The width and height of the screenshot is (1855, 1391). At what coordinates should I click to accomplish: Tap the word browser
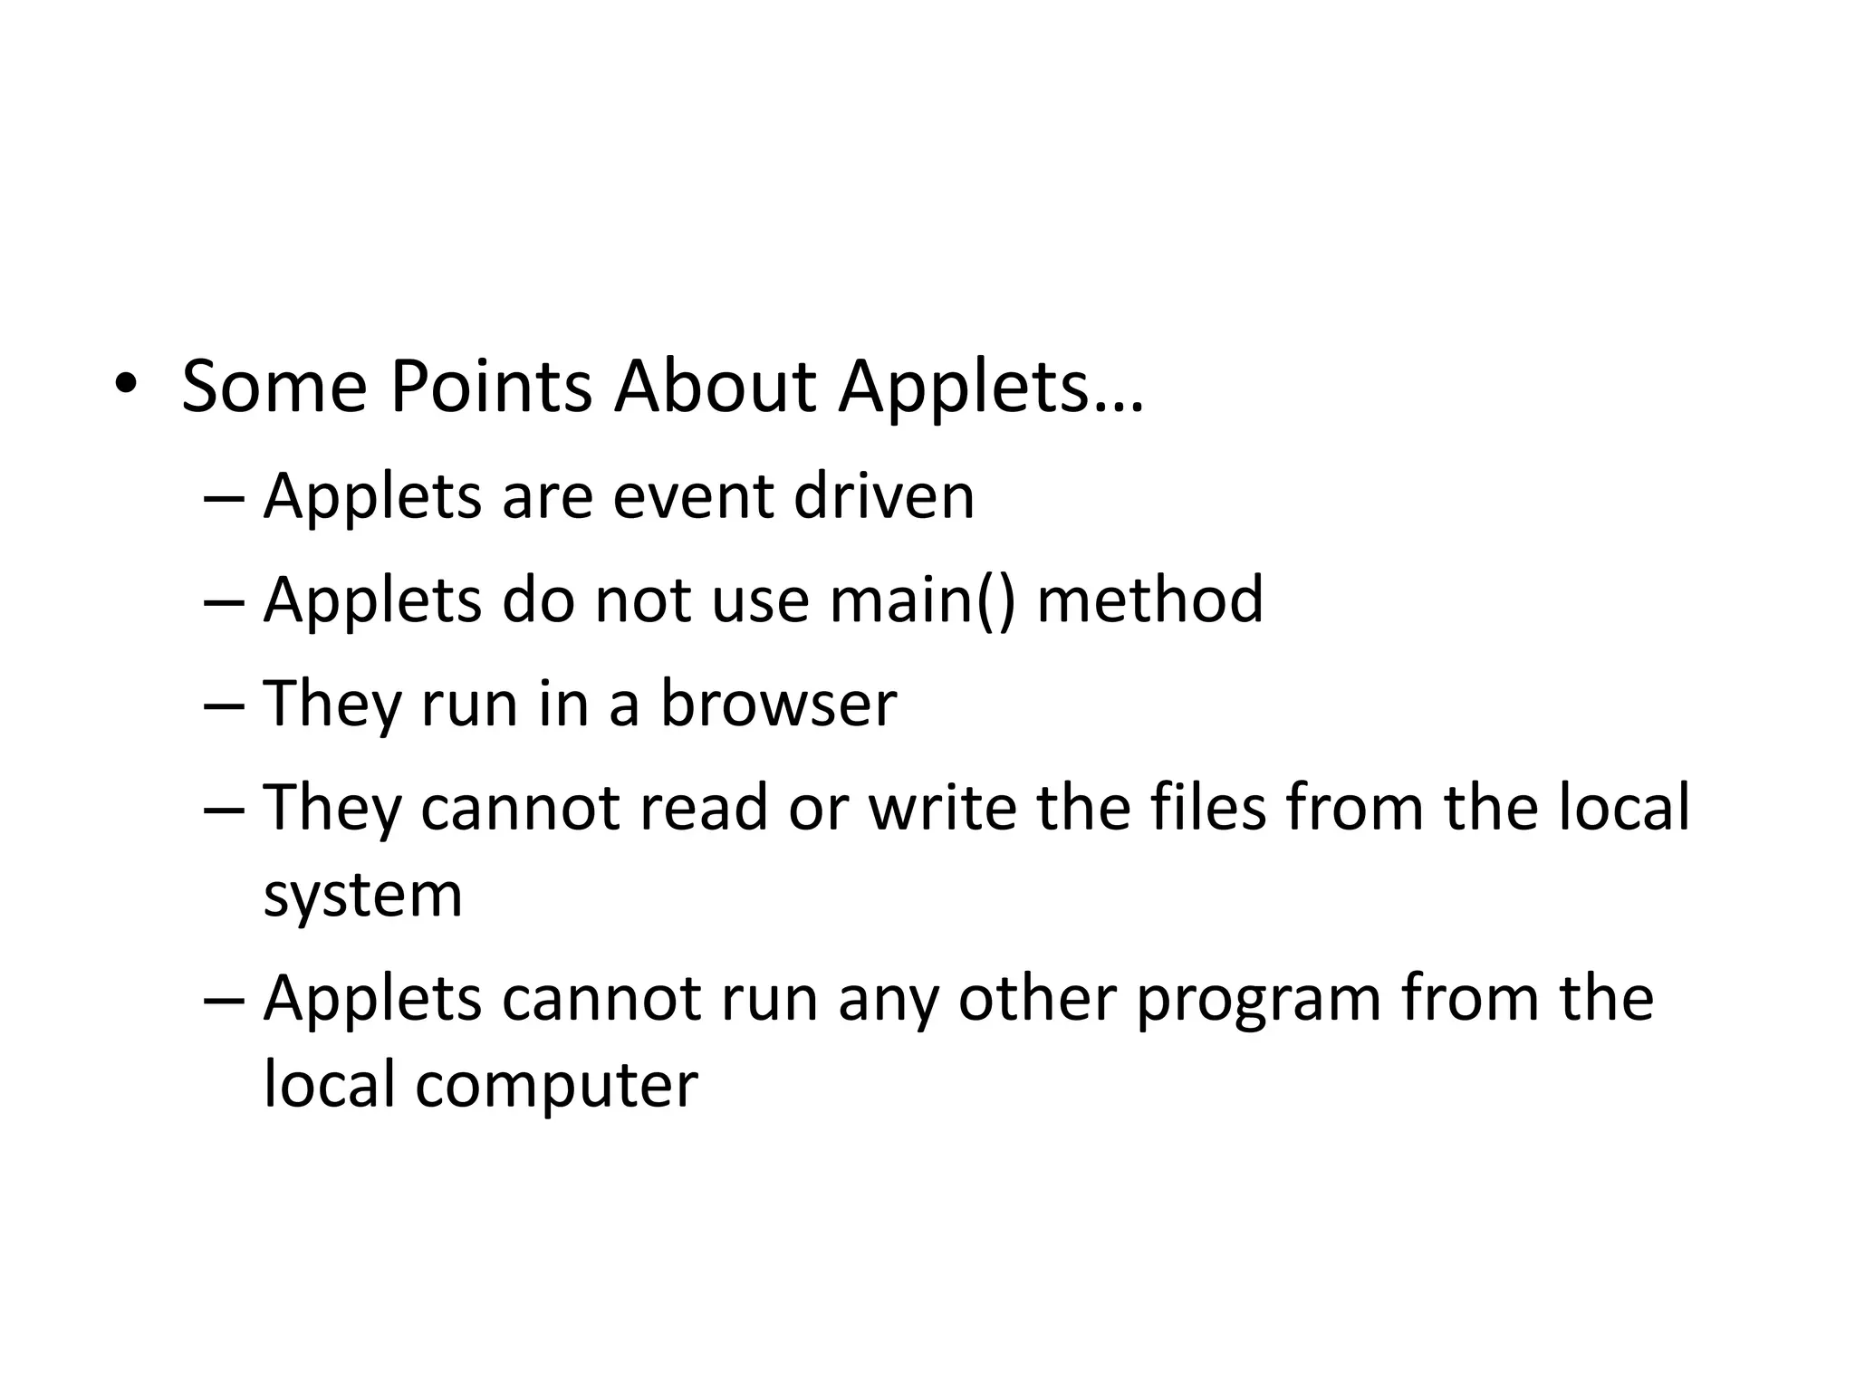778,704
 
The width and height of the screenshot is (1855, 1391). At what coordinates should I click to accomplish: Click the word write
943,807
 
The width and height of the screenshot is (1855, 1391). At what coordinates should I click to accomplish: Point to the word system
362,897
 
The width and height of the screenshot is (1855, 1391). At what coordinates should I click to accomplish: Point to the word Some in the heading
274,388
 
